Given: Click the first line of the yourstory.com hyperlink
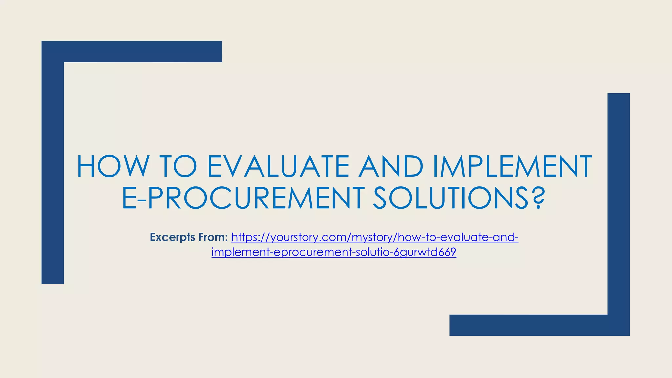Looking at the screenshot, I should point(375,237).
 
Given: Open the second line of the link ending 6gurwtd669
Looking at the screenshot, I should point(334,252).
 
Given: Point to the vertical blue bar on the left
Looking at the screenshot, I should point(52,171).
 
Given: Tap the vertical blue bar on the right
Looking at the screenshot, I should point(619,203).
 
